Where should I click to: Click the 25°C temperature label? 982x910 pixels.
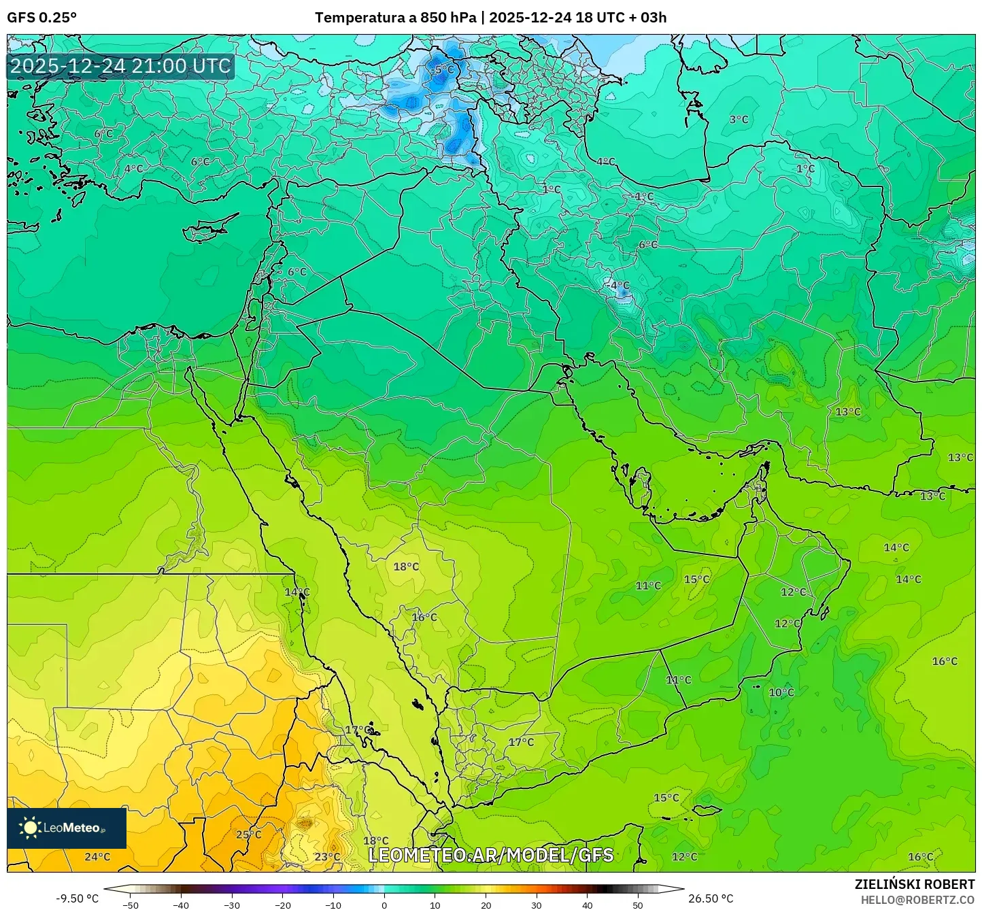[x=248, y=835]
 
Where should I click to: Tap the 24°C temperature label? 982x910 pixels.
[x=97, y=856]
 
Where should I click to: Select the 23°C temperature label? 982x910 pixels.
[x=327, y=857]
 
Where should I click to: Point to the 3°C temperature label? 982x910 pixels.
[x=739, y=120]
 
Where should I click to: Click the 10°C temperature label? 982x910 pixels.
[x=781, y=692]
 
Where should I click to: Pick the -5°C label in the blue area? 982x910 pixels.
[x=443, y=70]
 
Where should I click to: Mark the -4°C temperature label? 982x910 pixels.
[x=618, y=285]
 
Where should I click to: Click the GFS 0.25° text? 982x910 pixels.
[x=41, y=18]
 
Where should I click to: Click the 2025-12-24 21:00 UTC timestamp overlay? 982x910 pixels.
[x=120, y=66]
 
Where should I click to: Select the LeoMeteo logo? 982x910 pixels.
[x=66, y=828]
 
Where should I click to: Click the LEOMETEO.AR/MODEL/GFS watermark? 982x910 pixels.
[x=490, y=855]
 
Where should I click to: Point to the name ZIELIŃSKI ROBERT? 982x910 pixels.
[x=914, y=884]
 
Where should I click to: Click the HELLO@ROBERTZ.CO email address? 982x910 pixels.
[x=917, y=899]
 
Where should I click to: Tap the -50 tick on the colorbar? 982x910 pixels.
[x=130, y=905]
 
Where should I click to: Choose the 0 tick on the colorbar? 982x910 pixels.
[x=384, y=905]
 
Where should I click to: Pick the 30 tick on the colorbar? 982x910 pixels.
[x=537, y=905]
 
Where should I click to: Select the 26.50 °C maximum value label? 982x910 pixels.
[x=711, y=898]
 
